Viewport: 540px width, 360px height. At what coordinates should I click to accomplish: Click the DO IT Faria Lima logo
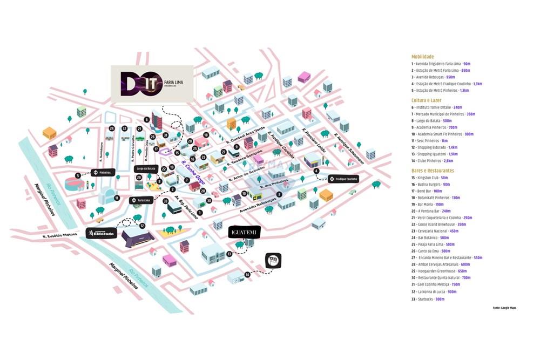click(x=152, y=84)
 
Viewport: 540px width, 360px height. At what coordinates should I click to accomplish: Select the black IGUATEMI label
click(x=245, y=232)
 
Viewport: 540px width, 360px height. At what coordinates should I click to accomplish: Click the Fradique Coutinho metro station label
click(x=343, y=179)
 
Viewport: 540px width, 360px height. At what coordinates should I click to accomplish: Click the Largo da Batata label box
click(x=146, y=169)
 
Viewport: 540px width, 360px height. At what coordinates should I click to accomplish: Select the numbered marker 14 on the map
click(x=248, y=274)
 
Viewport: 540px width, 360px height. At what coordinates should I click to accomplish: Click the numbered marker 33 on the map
click(x=165, y=201)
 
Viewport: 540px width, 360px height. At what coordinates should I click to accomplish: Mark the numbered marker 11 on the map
click(x=117, y=198)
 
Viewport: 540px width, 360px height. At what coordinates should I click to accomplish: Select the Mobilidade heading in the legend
click(x=422, y=56)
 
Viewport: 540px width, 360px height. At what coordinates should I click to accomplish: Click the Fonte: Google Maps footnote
click(x=504, y=307)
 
